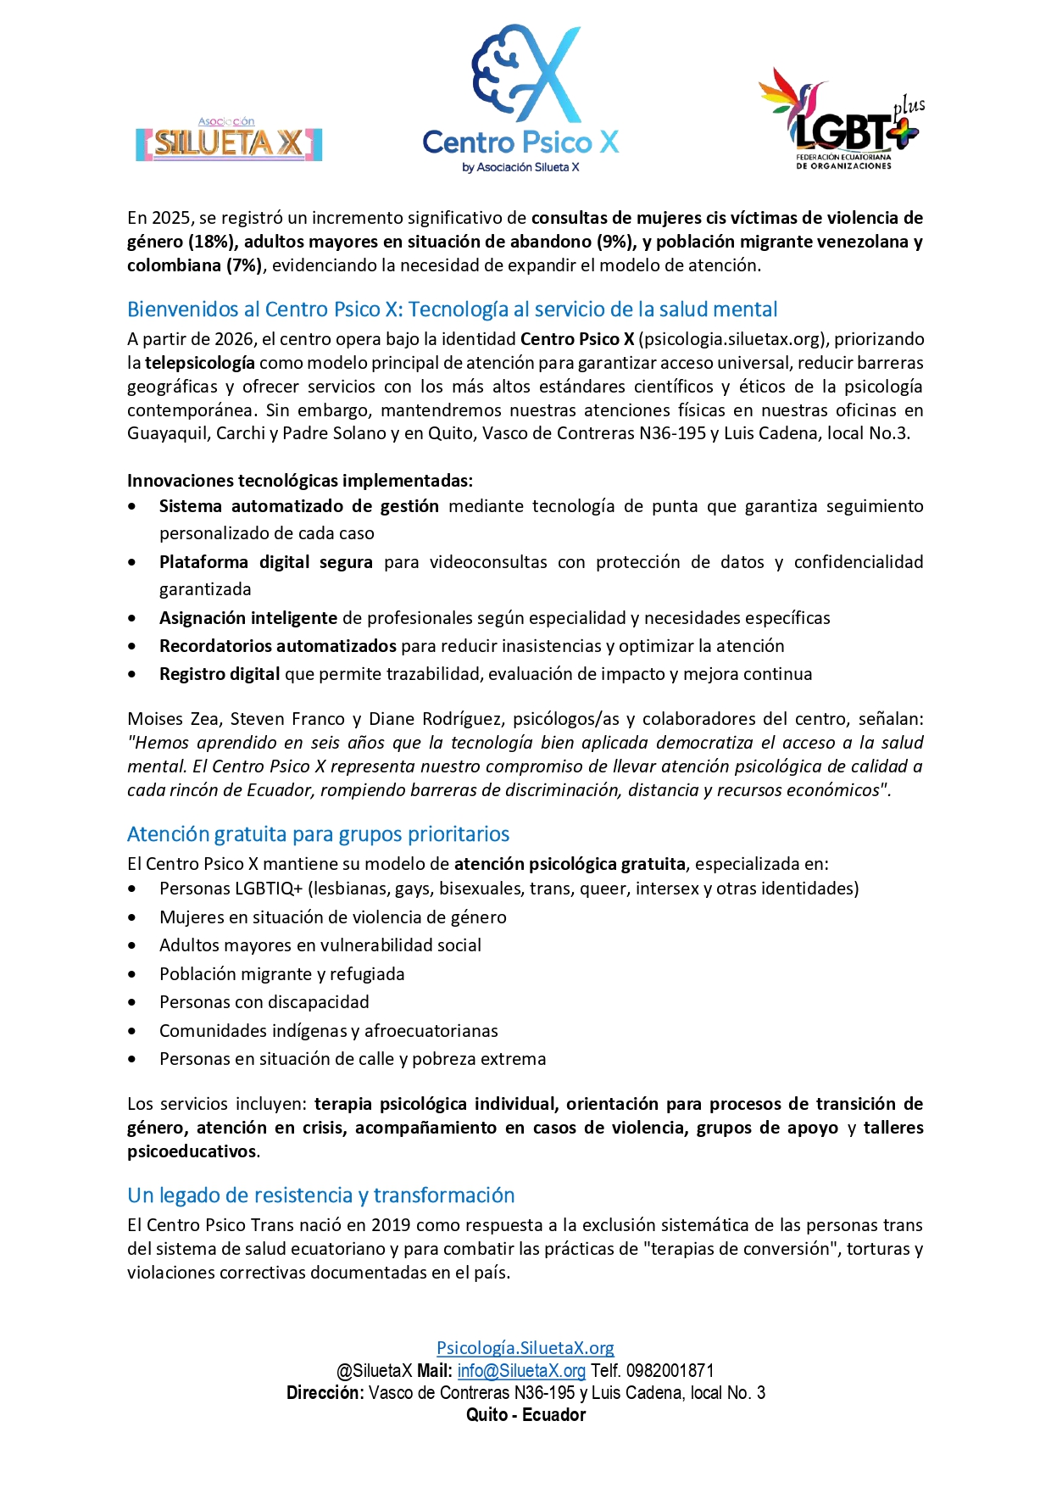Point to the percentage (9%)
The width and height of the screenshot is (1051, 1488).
click(615, 242)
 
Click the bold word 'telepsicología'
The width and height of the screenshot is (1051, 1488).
click(199, 363)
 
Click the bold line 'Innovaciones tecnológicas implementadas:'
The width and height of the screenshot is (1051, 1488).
click(300, 481)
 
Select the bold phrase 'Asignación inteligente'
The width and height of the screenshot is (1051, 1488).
click(248, 618)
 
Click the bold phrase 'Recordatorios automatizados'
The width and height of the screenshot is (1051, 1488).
click(277, 646)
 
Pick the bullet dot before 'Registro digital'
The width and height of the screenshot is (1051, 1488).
click(132, 675)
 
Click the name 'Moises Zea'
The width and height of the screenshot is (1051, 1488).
click(173, 719)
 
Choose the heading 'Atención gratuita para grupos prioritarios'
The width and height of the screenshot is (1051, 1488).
click(318, 834)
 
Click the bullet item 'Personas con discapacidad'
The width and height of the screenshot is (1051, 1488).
click(264, 1002)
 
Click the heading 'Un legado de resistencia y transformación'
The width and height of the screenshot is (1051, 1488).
click(320, 1195)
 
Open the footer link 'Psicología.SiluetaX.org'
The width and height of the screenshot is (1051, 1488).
click(525, 1348)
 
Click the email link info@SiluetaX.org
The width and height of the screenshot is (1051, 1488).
click(521, 1371)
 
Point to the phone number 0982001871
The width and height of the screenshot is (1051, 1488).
click(670, 1371)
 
